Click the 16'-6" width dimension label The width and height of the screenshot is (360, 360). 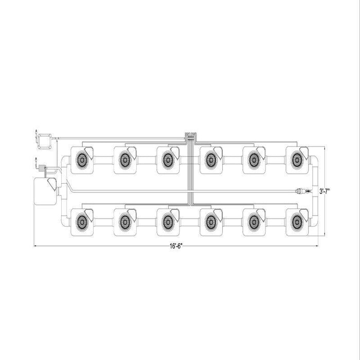point(176,246)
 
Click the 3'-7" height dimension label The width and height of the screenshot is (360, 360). point(325,191)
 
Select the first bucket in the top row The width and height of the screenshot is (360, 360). point(82,160)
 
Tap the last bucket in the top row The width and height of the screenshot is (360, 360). point(297,160)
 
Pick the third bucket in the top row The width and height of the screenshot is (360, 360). point(168,160)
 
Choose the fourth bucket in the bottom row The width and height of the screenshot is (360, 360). point(211,222)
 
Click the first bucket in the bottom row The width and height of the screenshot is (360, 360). point(82,222)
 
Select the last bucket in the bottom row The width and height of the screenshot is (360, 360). point(297,222)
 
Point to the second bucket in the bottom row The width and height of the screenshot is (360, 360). point(125,222)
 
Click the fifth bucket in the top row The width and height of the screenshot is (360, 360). point(254,160)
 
